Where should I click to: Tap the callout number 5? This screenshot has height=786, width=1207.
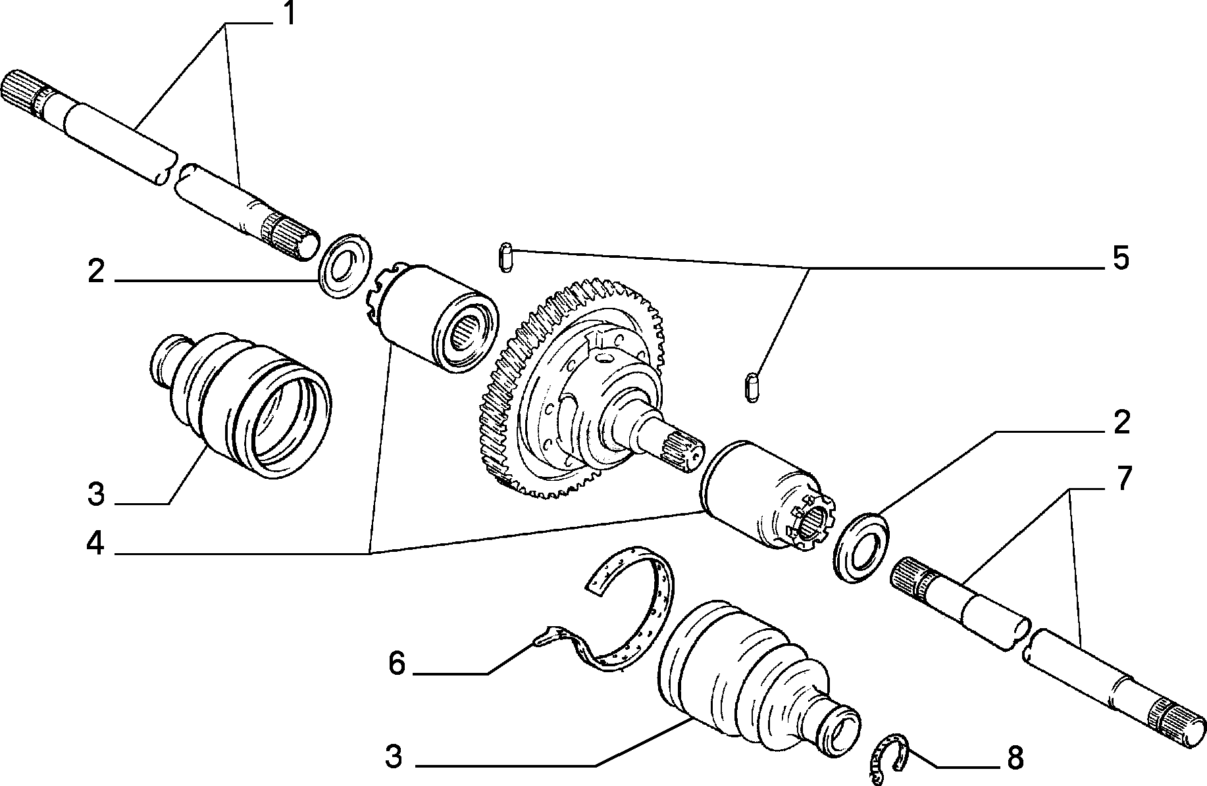pyautogui.click(x=1120, y=258)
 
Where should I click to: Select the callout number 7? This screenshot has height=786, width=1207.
pyautogui.click(x=1121, y=479)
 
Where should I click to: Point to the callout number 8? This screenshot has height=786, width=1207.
pyautogui.click(x=1015, y=759)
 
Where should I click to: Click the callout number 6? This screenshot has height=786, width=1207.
pyautogui.click(x=397, y=664)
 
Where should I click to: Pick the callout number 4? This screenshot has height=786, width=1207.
pyautogui.click(x=96, y=544)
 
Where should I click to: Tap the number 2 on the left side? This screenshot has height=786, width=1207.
pyautogui.click(x=96, y=272)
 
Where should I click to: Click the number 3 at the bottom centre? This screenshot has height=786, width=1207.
pyautogui.click(x=394, y=757)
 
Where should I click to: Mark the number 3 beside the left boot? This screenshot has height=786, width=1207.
pyautogui.click(x=96, y=494)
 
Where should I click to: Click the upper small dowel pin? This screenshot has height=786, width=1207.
pyautogui.click(x=505, y=257)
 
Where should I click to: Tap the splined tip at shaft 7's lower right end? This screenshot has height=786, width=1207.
pyautogui.click(x=1179, y=727)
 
